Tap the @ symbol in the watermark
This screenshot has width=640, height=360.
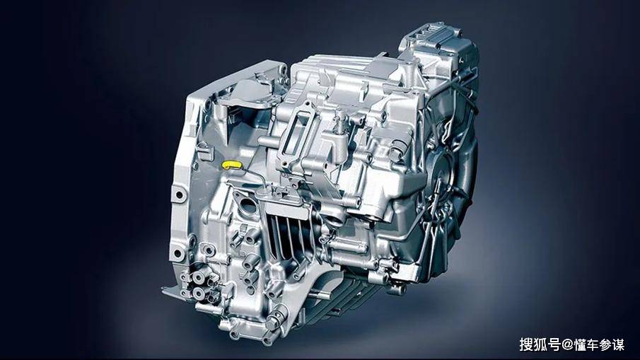[x=567, y=344]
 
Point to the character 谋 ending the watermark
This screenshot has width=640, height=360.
[x=618, y=344]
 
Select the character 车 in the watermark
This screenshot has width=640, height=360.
[x=593, y=344]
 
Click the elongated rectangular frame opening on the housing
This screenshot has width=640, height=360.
[x=298, y=130]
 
